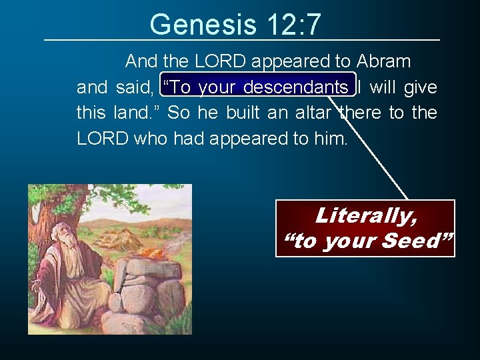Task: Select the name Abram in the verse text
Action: (x=383, y=62)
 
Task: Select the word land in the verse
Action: (x=130, y=113)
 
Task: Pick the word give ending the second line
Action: (x=421, y=87)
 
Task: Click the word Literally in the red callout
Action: (x=365, y=215)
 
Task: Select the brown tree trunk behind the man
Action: (x=57, y=213)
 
